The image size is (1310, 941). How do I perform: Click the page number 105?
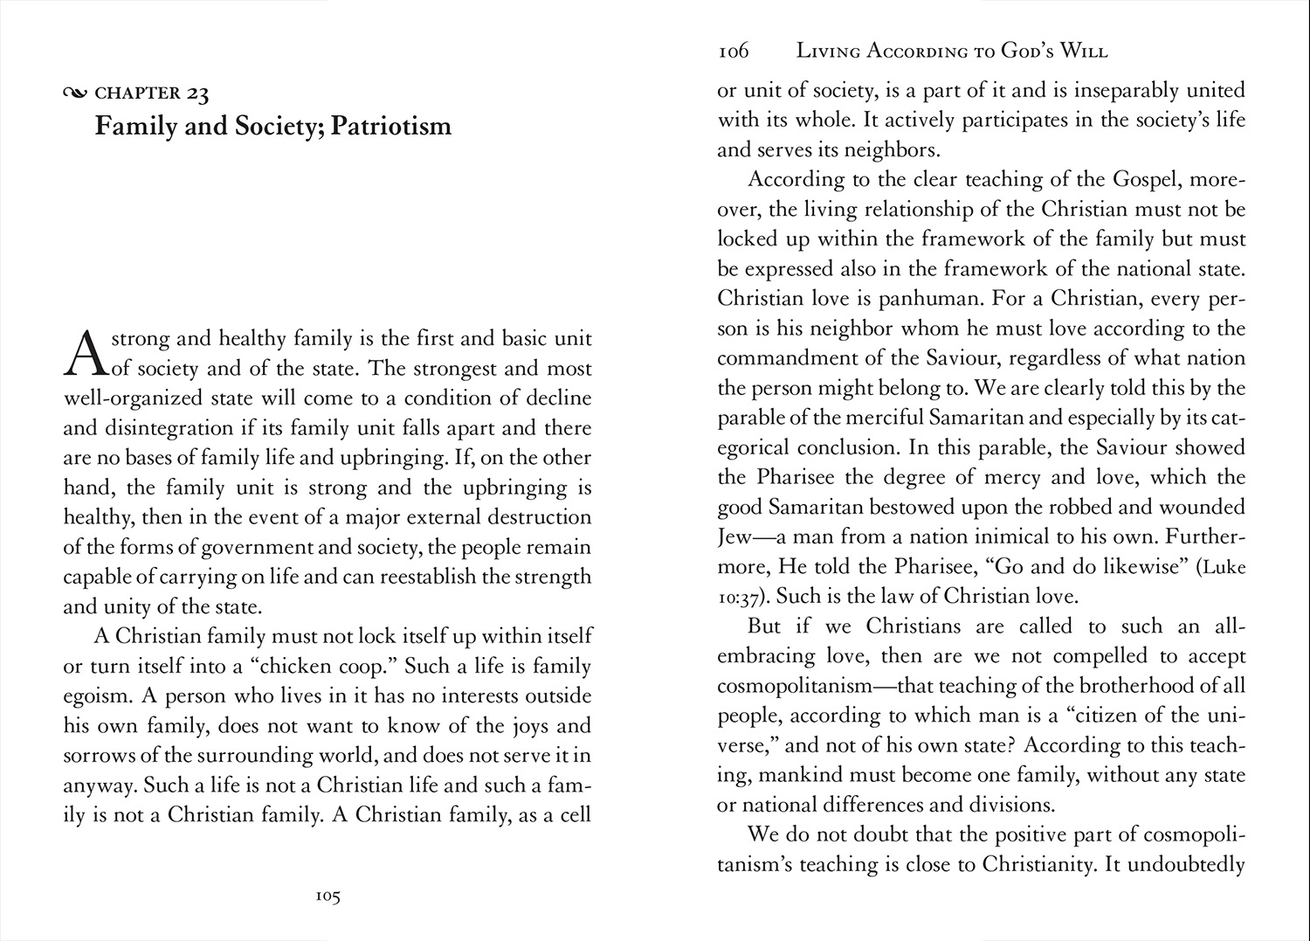click(x=327, y=896)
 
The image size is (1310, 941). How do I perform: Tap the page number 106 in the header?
click(x=734, y=52)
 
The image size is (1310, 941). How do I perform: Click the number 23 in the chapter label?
click(x=197, y=93)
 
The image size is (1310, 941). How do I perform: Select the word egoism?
click(x=95, y=696)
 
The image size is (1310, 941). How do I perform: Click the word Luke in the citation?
click(x=1224, y=567)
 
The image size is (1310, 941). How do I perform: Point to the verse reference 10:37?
click(x=742, y=598)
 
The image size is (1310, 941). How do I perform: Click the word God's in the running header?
click(x=1027, y=52)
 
